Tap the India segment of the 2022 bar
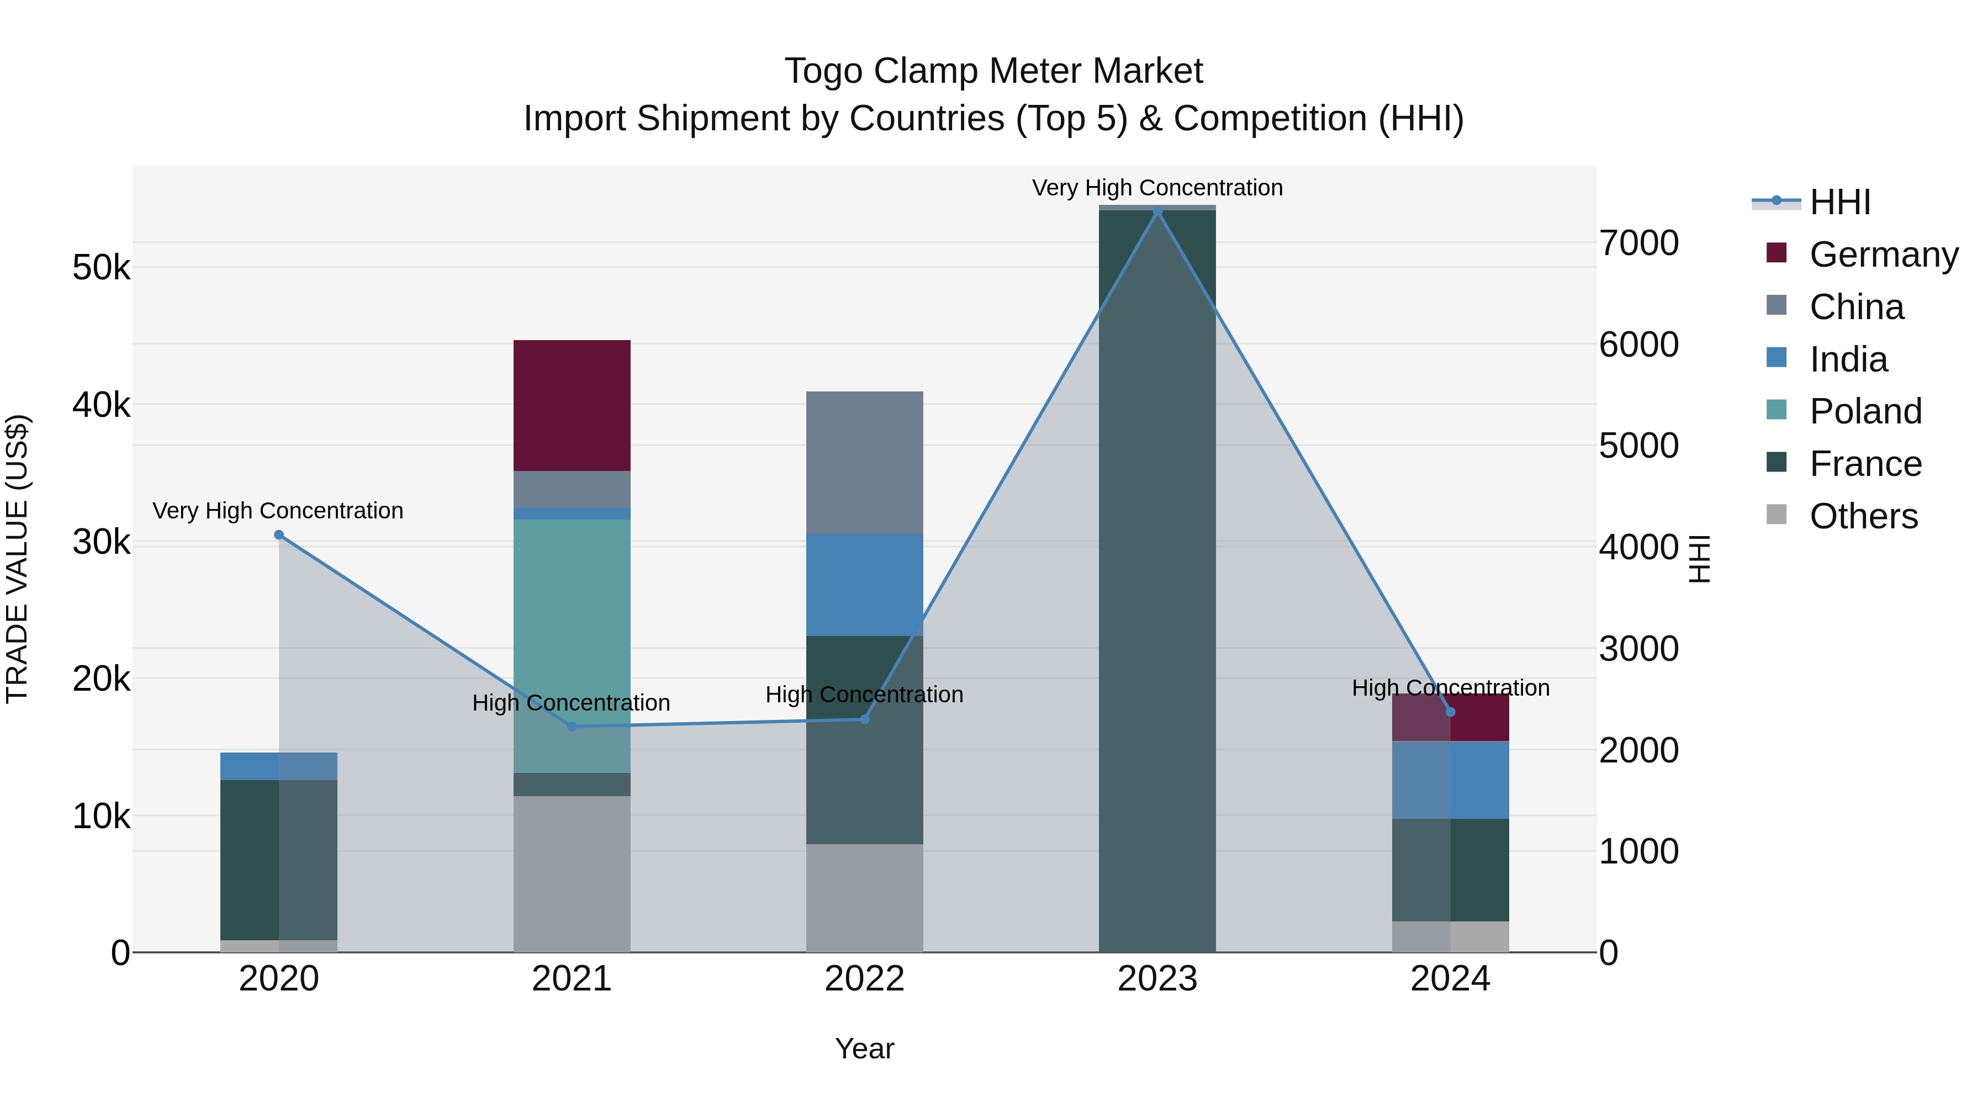864,584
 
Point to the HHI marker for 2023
1157,211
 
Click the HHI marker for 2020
279,534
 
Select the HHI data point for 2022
864,719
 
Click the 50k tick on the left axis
101,268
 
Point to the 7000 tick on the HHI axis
1638,243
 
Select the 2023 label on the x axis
1157,978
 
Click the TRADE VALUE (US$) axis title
17,559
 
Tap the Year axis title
864,1048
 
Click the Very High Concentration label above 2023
1157,188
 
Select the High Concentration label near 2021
571,702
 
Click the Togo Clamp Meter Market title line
993,71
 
